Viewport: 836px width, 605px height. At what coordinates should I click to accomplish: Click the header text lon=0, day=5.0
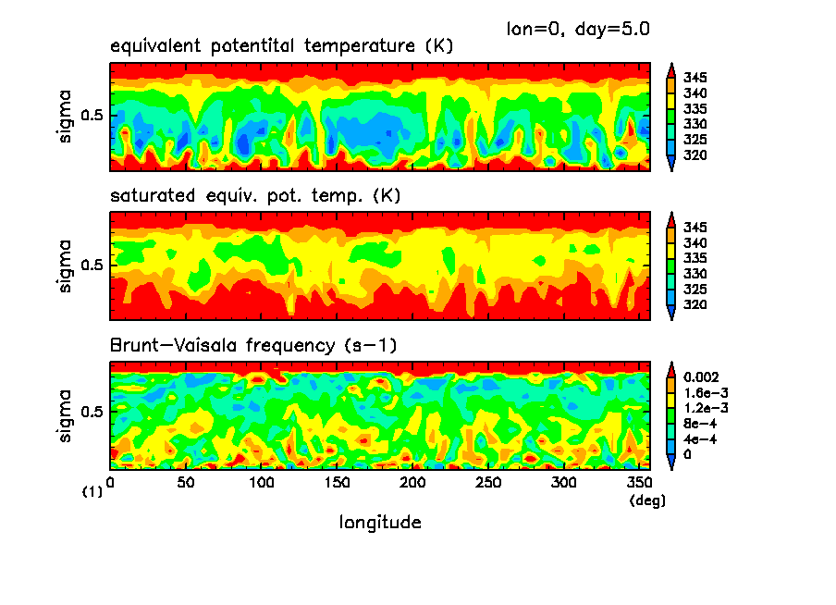click(578, 29)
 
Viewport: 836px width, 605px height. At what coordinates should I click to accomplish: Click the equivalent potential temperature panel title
click(281, 46)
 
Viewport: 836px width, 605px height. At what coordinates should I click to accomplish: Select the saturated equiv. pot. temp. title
click(254, 196)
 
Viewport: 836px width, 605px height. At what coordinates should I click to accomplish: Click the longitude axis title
click(380, 523)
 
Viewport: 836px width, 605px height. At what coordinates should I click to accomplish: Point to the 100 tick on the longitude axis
click(262, 483)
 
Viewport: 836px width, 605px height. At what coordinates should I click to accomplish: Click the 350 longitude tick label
click(639, 483)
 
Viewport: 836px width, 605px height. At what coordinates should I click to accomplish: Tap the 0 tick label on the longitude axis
click(111, 483)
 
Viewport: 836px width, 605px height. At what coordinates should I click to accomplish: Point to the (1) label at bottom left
click(92, 493)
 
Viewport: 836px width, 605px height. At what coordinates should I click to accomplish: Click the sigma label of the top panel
click(64, 116)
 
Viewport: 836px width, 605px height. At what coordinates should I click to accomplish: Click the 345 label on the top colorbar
click(695, 78)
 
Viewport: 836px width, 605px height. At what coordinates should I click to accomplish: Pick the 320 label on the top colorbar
click(695, 154)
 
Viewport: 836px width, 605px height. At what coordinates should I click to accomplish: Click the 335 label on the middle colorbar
click(695, 258)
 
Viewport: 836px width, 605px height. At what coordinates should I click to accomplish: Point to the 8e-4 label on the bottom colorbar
click(699, 424)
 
